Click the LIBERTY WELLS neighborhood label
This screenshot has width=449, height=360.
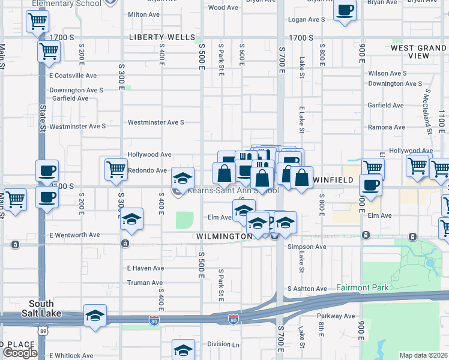(x=162, y=37)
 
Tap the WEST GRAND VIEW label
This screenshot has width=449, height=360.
(x=418, y=52)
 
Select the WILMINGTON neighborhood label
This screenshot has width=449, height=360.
(x=224, y=236)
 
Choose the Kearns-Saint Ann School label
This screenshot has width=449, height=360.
(x=234, y=191)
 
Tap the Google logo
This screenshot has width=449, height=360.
(x=20, y=353)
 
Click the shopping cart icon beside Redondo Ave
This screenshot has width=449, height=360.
(x=115, y=169)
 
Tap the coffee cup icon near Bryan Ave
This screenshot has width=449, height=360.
(x=345, y=11)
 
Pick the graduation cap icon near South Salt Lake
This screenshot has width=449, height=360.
(x=95, y=316)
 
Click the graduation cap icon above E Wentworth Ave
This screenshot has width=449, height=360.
(x=132, y=220)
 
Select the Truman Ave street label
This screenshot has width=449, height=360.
(x=145, y=283)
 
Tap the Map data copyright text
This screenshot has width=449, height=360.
(x=424, y=355)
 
